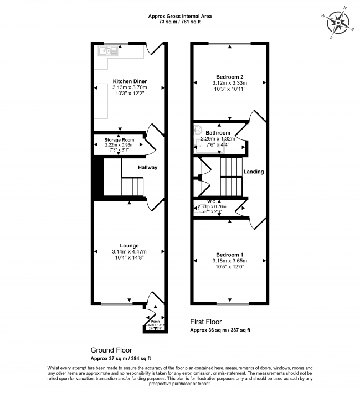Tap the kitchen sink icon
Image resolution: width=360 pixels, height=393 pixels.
(105, 53)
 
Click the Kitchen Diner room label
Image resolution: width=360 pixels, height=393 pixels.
(130, 81)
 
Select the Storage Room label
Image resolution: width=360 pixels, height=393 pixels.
(120, 141)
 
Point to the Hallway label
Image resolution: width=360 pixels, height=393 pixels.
(148, 167)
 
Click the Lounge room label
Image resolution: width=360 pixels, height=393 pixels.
(129, 245)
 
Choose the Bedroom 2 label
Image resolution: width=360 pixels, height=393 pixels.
(229, 77)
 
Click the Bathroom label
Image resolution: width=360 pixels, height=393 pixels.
(218, 133)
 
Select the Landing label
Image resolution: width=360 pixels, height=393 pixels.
(254, 172)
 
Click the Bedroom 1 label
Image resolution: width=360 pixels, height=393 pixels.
(229, 254)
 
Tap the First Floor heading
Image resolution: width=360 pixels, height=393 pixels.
(206, 322)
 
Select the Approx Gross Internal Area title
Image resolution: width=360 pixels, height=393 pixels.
(180, 17)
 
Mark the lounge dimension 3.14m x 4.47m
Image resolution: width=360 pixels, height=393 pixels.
(129, 252)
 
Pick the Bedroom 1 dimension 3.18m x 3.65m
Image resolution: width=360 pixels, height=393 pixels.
(229, 261)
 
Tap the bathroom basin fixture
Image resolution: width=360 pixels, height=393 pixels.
(198, 131)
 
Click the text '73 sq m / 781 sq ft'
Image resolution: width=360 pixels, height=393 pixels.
(180, 23)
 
